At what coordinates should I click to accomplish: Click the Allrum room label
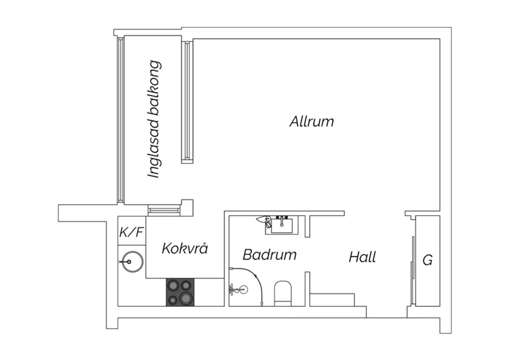(312, 122)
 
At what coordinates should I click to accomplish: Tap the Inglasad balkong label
(154, 119)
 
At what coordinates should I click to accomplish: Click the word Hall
(362, 257)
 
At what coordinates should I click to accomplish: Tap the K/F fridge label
(131, 232)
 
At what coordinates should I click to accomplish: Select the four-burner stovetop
(180, 292)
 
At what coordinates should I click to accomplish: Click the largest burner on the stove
(186, 298)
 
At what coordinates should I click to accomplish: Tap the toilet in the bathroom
(283, 293)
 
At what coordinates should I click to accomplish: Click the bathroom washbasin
(282, 225)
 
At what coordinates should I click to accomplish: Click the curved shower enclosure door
(256, 276)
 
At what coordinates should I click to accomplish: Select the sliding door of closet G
(413, 270)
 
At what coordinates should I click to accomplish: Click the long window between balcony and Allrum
(187, 101)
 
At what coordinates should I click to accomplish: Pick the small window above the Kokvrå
(164, 210)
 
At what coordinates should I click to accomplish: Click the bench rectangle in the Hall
(332, 300)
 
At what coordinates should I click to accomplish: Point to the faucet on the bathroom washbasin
(282, 221)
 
